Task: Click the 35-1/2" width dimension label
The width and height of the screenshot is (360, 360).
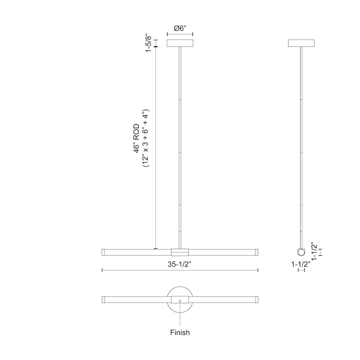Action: point(179,264)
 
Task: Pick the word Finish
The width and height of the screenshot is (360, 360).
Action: point(180,332)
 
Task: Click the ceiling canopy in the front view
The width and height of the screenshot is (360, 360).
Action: point(180,43)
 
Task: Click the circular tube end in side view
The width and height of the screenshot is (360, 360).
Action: point(301,252)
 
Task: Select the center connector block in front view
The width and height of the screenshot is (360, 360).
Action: point(180,252)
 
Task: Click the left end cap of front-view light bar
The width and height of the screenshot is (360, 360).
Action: point(103,252)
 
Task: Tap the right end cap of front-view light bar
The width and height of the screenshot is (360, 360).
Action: point(257,252)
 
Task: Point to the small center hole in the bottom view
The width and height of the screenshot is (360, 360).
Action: point(180,300)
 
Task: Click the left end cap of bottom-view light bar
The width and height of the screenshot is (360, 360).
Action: point(103,300)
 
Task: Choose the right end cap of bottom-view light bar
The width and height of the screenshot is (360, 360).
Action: point(257,300)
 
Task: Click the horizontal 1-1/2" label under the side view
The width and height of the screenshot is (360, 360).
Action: point(301,264)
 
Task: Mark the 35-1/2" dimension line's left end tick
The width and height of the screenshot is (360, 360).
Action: point(103,270)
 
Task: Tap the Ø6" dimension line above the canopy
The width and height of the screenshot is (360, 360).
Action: point(180,35)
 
